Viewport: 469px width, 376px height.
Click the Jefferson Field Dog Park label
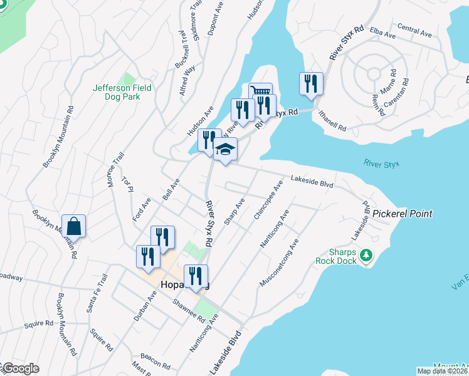[x=122, y=93]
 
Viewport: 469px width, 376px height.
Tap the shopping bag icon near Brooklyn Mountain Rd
[x=74, y=226]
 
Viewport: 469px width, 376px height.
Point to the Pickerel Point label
[x=402, y=214]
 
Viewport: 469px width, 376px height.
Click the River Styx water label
[x=381, y=164]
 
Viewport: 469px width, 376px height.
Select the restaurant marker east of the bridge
[x=311, y=83]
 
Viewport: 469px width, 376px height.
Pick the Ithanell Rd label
[x=332, y=118]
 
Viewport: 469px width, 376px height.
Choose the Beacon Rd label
[x=155, y=359]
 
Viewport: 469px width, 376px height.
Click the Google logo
[x=20, y=368]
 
